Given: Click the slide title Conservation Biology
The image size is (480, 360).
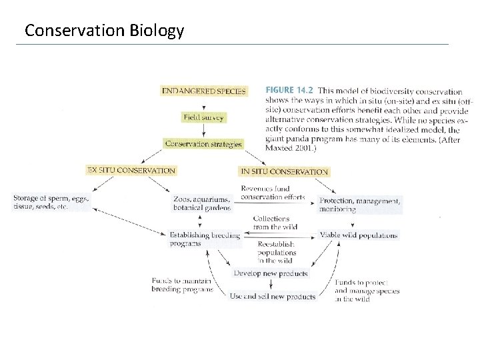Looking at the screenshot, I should tap(103, 31).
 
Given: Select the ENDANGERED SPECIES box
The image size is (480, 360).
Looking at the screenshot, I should tap(204, 91).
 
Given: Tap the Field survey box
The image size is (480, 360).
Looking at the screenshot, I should tap(204, 117).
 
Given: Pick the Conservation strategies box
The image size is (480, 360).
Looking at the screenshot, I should tap(203, 143).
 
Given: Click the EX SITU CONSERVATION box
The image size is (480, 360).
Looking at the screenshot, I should tap(132, 170).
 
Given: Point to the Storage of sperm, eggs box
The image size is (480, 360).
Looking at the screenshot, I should tap(51, 202).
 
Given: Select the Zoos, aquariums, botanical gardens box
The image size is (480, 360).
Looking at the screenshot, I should tap(201, 203).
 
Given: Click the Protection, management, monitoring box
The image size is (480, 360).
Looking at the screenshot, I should tap(360, 205).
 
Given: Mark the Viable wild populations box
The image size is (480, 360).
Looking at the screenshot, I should tap(359, 235).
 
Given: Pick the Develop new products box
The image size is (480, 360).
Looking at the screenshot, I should tap(271, 273).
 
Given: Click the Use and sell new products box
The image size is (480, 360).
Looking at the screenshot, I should tap(272, 296).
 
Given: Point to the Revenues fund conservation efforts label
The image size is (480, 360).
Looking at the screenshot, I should tap(272, 193).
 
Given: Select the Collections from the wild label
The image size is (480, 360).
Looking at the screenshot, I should tap(271, 223).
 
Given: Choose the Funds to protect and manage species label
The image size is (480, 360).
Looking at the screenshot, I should tap(367, 291).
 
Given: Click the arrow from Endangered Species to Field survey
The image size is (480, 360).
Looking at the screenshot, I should tap(203, 105).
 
